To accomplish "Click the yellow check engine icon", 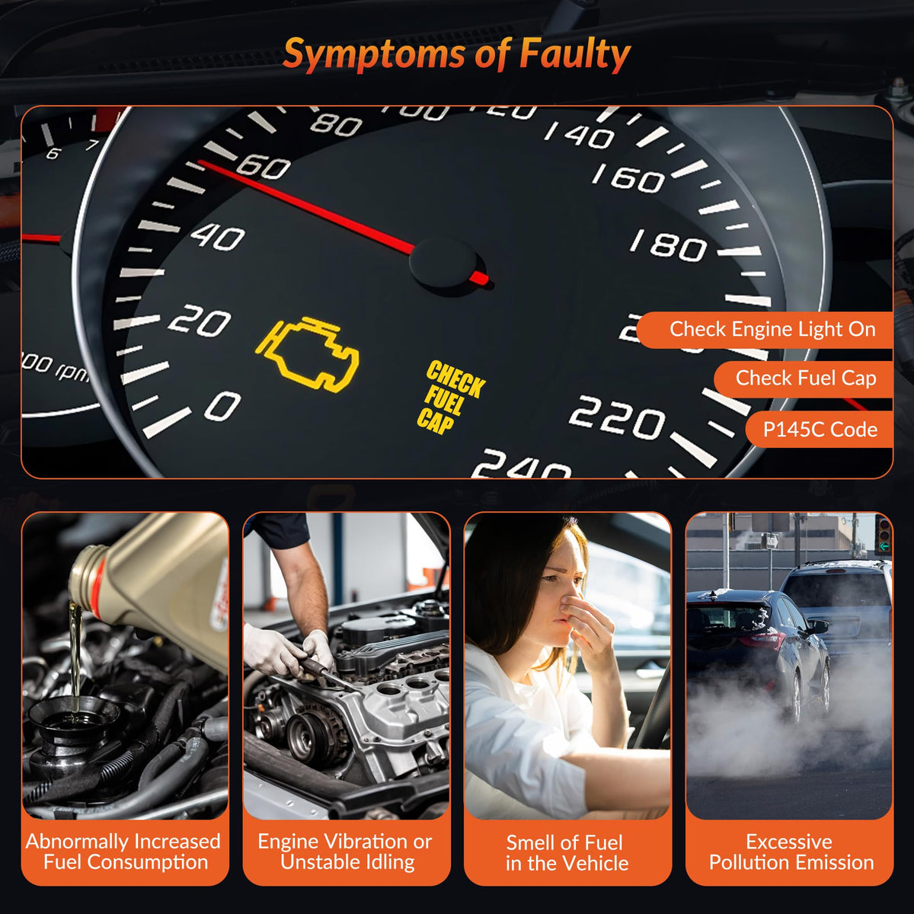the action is [x=308, y=355].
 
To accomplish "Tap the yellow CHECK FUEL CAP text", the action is [x=451, y=398].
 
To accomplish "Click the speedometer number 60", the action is [x=264, y=168].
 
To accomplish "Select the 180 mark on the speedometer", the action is [x=669, y=246].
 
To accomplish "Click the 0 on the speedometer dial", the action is [x=223, y=406].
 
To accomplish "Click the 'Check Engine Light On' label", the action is [x=772, y=329].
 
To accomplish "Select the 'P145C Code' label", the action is [x=820, y=430].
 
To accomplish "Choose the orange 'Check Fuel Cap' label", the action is [x=806, y=378].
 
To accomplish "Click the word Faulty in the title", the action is [x=575, y=55].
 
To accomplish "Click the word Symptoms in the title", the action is [x=374, y=56].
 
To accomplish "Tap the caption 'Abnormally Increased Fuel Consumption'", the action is [x=123, y=852].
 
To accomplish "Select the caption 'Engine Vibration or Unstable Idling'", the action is [x=345, y=852].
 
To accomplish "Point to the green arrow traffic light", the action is [x=884, y=547].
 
